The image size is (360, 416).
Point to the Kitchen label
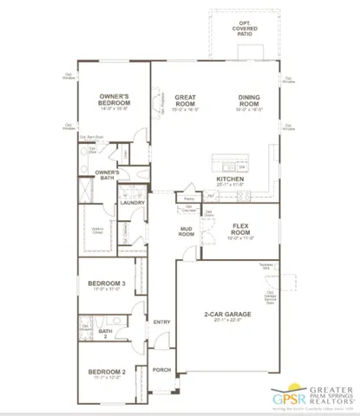pos(230,179)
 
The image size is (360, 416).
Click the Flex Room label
pos(240,228)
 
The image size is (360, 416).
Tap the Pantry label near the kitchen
pos(188,198)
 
